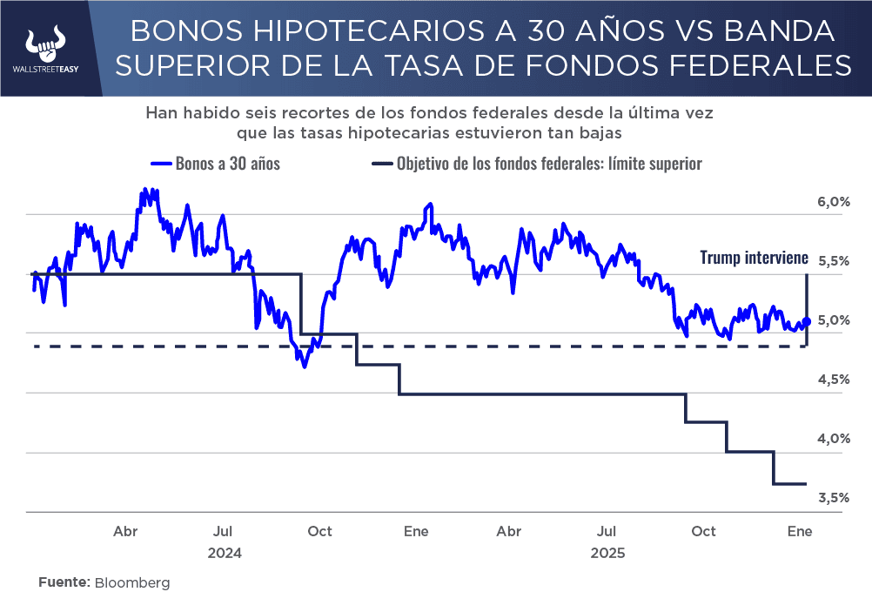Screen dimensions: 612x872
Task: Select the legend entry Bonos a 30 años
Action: (216, 163)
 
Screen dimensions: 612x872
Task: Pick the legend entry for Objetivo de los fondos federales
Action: (537, 163)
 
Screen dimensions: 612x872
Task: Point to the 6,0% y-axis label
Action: (833, 202)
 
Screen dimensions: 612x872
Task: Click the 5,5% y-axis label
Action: (833, 261)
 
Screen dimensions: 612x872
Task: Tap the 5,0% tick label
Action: (833, 320)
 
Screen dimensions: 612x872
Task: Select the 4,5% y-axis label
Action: (833, 380)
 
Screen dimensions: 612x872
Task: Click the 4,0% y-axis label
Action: (833, 439)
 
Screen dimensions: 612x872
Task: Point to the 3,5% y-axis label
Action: (833, 498)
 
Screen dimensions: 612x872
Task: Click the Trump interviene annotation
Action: (755, 258)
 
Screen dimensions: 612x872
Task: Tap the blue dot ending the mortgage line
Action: (807, 321)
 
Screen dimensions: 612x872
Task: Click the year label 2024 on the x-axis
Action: (225, 553)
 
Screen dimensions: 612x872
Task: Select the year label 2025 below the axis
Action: (607, 553)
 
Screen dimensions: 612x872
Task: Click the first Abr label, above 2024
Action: (125, 531)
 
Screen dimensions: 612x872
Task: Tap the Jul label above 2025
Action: (607, 531)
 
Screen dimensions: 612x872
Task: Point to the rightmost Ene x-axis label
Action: (799, 531)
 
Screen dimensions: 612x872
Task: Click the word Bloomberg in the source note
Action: (132, 582)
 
